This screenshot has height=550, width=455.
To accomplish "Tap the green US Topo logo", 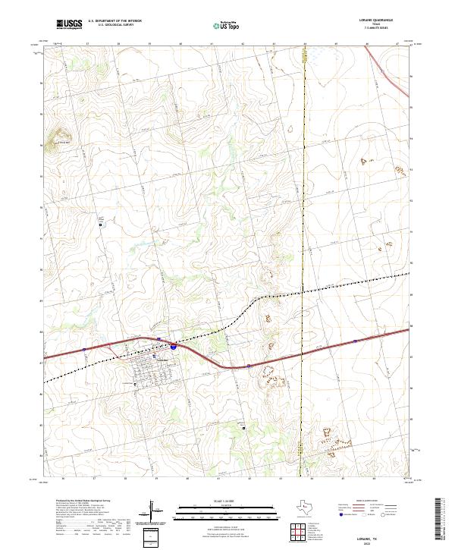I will tap(224, 26).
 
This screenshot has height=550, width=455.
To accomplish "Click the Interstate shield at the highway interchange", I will tap(174, 346).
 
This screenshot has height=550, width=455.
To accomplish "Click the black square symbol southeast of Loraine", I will tap(244, 427).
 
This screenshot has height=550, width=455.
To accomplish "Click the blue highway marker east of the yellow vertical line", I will tap(354, 341).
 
